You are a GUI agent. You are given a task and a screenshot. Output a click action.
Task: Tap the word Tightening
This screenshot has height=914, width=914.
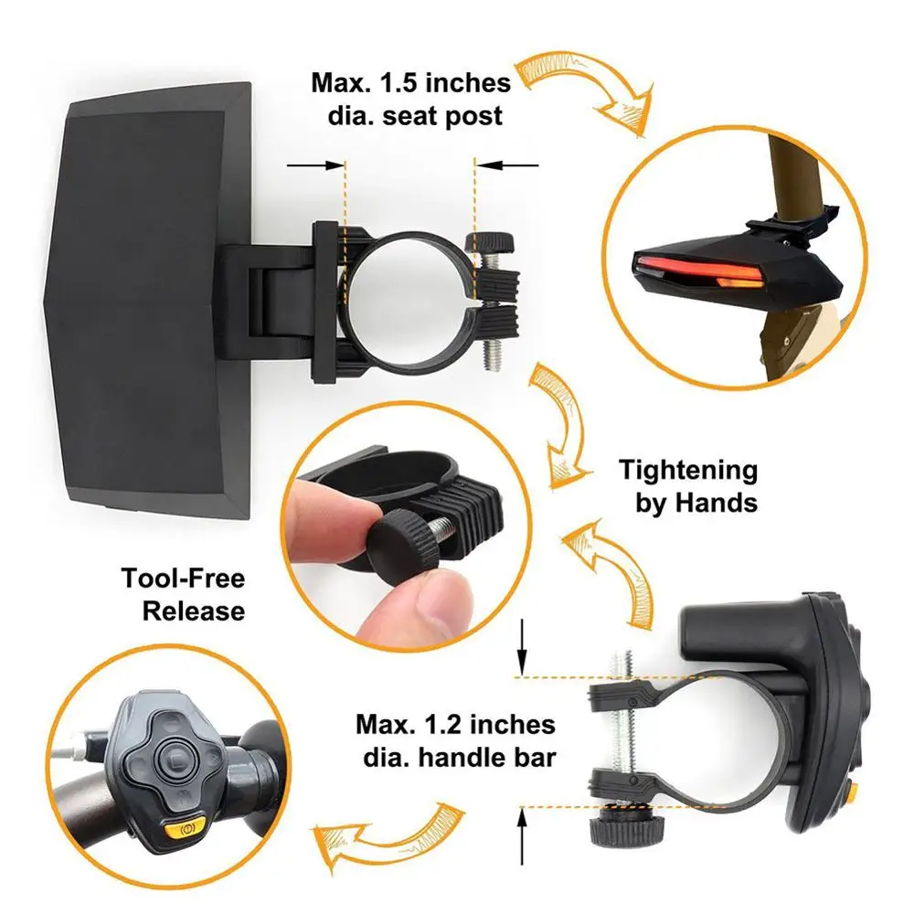point(688,471)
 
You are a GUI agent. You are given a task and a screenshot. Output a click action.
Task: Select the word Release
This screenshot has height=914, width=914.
point(194,610)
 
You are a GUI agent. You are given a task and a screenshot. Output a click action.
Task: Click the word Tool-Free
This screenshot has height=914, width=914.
point(184,579)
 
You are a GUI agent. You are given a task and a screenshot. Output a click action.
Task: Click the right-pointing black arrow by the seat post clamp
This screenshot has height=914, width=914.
point(316,165)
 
